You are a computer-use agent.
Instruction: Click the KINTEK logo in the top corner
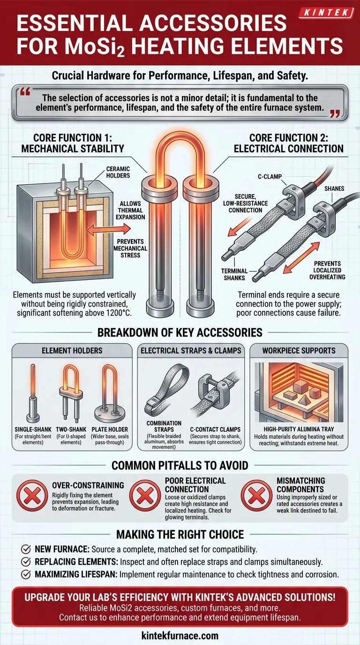pos(327,13)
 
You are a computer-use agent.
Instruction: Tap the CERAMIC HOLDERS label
pos(118,172)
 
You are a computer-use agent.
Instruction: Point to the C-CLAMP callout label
pos(270,177)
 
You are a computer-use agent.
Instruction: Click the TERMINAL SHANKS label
pos(234,274)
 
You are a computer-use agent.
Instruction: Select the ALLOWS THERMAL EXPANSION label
pos(130,210)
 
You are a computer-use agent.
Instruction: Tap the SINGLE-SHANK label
pos(33,429)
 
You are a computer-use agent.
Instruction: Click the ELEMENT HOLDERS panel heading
pos(72,351)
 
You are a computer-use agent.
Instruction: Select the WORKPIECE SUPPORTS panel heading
pos(299,351)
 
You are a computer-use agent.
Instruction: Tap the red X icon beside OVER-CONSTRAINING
pos(32,495)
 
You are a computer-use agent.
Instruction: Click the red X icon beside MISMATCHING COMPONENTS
pos(256,495)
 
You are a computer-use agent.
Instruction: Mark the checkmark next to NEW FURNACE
pos(26,549)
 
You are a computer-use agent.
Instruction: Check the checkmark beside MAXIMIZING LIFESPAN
pos(26,575)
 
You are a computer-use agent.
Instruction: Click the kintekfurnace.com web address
pos(180,636)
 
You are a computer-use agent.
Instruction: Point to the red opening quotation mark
pos(25,92)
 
